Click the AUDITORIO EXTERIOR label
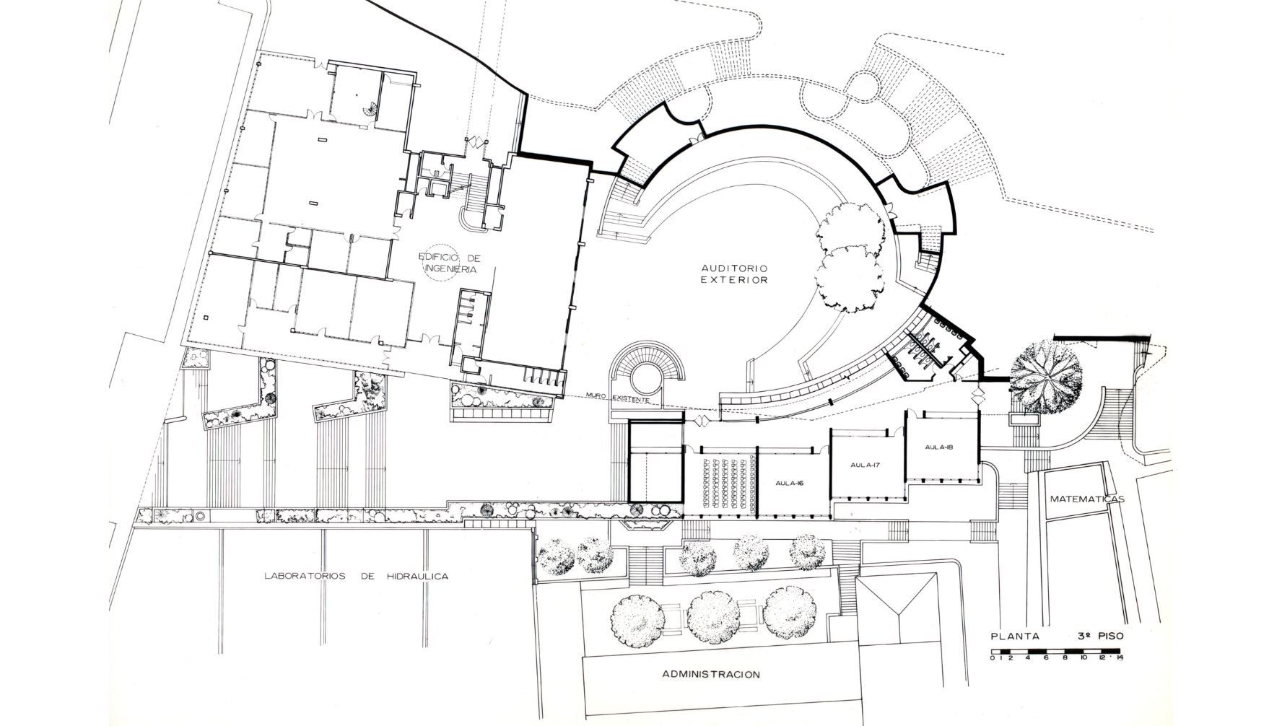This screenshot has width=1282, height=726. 734,274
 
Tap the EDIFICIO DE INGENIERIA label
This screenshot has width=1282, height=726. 450,263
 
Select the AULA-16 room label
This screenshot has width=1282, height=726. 790,483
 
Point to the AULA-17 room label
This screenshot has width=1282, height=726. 865,465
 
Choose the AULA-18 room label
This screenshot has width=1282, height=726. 939,447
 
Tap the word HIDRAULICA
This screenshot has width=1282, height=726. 418,576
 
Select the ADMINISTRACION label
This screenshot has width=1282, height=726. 711,675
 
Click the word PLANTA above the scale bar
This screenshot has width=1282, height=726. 1016,637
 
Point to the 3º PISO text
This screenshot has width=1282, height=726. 1101,637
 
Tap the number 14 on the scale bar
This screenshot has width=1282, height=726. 1118,658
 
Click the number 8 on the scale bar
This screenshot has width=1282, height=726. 1065,658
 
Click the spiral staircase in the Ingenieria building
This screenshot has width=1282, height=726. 370,110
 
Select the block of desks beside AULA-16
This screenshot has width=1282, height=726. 727,483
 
